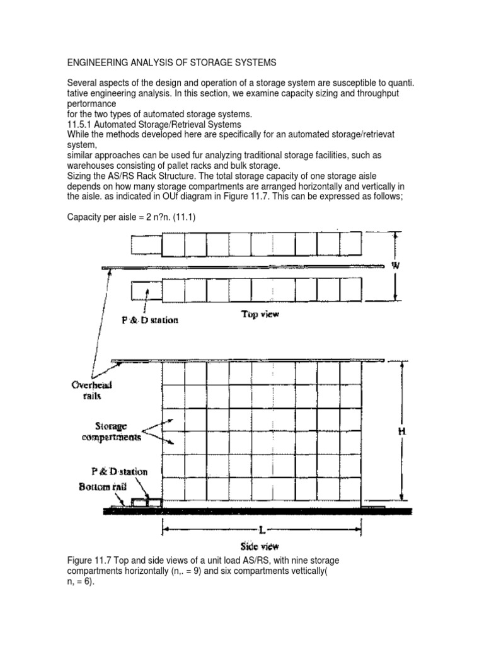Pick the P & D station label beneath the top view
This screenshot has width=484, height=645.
[x=150, y=320]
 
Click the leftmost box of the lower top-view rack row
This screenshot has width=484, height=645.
[x=146, y=290]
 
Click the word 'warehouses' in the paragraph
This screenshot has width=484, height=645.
[x=91, y=165]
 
